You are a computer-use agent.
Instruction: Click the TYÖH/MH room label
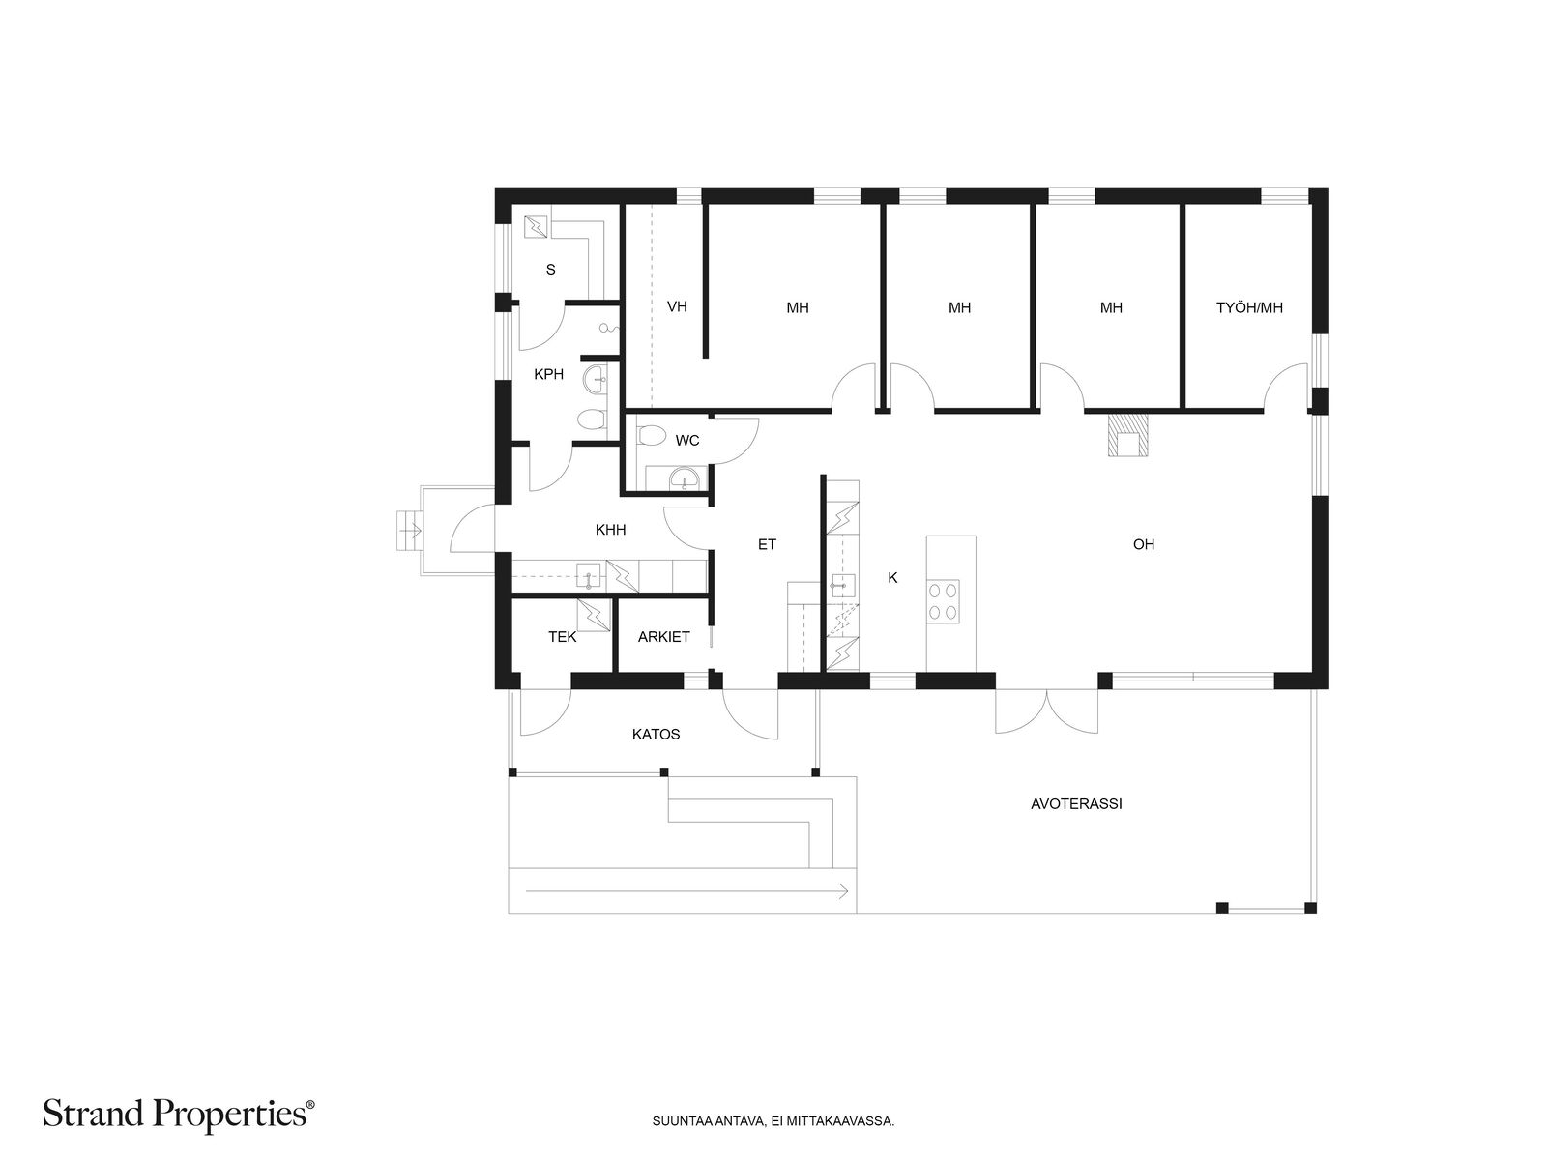tap(1249, 307)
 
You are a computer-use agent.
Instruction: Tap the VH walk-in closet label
tap(677, 306)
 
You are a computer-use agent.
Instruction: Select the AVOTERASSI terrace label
tap(1076, 803)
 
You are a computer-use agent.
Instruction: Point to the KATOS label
tap(656, 734)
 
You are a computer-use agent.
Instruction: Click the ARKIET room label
tap(663, 637)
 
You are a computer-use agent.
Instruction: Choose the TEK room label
tap(563, 637)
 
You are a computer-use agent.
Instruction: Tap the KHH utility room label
tap(610, 530)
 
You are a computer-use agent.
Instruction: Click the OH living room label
tap(1143, 543)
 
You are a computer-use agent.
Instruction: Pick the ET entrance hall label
tap(767, 543)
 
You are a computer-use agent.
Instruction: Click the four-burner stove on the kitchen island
tap(943, 600)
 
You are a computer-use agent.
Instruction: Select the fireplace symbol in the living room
tap(1127, 435)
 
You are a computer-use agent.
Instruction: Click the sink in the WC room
tap(684, 478)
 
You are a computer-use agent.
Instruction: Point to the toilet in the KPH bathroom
tap(592, 420)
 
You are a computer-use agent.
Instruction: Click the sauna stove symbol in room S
tap(536, 226)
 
